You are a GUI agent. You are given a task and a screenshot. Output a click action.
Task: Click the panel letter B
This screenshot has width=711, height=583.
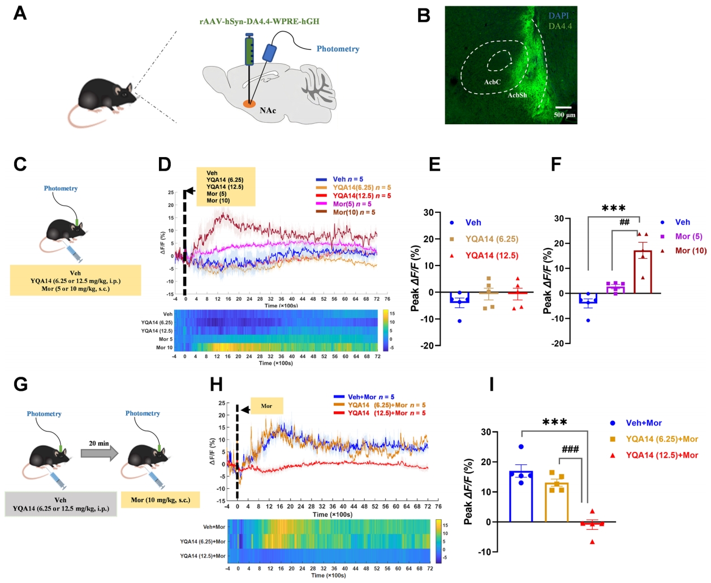tap(424, 15)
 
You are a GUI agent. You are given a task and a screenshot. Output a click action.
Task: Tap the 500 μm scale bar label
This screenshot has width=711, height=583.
tap(564, 115)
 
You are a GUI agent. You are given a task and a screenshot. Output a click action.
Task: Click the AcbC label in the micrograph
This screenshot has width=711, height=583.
tap(492, 82)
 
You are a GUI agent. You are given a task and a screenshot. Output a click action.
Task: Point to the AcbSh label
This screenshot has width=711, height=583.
tap(517, 95)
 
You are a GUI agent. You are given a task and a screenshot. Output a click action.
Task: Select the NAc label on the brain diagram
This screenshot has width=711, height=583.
tap(268, 110)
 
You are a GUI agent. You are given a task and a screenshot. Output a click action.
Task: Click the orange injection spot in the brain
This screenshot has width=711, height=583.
tap(249, 104)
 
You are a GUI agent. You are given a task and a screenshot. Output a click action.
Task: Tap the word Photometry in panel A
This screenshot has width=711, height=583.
tap(338, 49)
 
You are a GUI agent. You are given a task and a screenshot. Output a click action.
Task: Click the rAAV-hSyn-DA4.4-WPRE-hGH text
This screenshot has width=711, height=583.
tap(259, 21)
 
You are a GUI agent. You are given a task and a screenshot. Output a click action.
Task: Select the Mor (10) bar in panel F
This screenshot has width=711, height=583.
tap(643, 272)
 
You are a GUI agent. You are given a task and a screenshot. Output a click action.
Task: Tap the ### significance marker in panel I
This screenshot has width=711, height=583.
tap(570, 450)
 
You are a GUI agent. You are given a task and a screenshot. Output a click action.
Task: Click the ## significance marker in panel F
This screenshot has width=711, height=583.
tap(624, 222)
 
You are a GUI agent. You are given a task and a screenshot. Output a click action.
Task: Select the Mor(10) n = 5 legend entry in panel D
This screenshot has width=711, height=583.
tap(354, 212)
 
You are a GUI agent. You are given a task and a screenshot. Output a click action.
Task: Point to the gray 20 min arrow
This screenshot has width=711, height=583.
tap(99, 451)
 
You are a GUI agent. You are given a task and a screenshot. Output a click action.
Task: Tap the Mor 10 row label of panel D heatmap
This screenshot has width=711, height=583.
tap(164, 347)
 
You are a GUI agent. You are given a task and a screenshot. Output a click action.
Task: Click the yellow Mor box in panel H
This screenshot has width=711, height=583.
tap(266, 406)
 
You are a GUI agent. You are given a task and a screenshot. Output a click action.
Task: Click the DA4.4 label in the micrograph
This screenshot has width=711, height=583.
tap(560, 26)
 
